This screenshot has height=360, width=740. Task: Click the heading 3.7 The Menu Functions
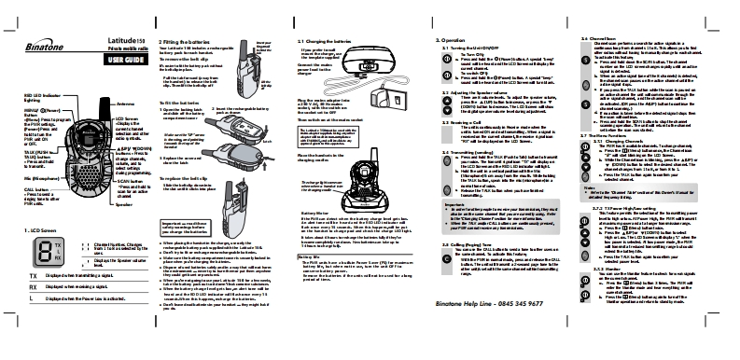point(612,136)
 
